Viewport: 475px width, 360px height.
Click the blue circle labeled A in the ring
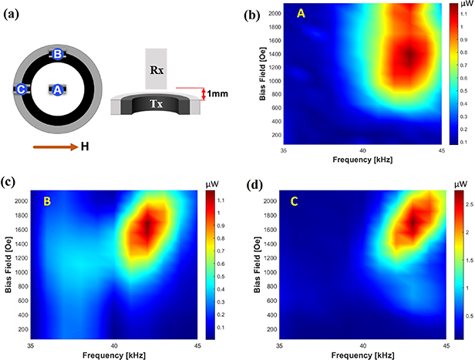click(x=57, y=89)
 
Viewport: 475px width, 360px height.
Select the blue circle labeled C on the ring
click(x=22, y=89)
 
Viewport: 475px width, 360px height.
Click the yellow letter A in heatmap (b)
click(x=298, y=14)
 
